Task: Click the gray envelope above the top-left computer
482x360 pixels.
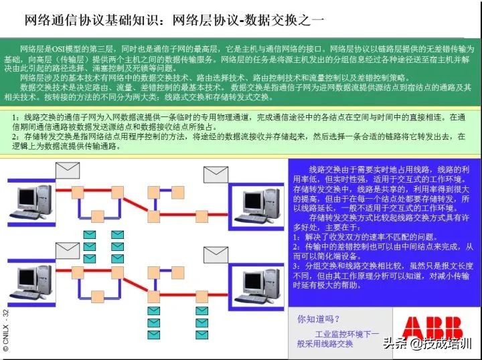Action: tap(68, 170)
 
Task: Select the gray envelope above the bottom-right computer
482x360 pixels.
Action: tap(216, 254)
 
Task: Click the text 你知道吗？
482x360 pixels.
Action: tap(319, 319)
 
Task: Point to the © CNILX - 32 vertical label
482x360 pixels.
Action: tap(6, 331)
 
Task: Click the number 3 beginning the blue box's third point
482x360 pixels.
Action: tap(295, 266)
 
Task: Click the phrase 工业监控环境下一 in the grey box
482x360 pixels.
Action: tap(347, 333)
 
